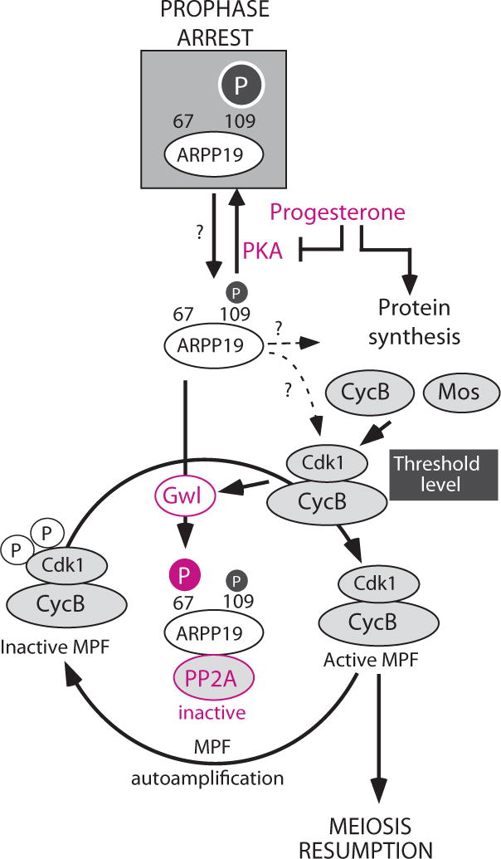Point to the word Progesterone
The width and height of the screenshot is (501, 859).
click(x=338, y=213)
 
